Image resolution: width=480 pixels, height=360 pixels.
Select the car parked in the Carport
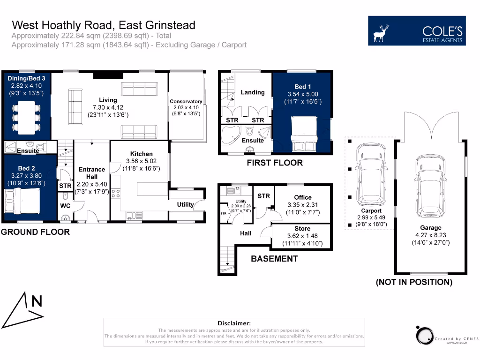point(370,175)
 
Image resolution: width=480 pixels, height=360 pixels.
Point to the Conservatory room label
point(186,101)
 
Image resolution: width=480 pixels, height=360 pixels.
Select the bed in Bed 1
point(305,133)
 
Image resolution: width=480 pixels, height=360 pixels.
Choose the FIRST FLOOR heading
point(275,163)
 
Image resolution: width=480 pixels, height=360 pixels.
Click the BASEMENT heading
point(274,259)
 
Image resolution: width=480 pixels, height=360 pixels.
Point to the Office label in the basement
point(303,197)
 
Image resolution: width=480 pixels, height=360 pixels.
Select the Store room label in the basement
point(302,229)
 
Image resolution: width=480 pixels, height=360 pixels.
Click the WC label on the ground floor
point(65,205)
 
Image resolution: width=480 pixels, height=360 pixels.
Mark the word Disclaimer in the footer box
point(234,323)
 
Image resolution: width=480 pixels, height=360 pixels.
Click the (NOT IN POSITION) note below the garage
point(414,282)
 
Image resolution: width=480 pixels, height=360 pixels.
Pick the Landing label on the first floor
point(253,92)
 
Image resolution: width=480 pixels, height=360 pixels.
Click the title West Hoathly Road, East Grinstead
point(104,25)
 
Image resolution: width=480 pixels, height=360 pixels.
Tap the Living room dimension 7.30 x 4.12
point(108,107)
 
